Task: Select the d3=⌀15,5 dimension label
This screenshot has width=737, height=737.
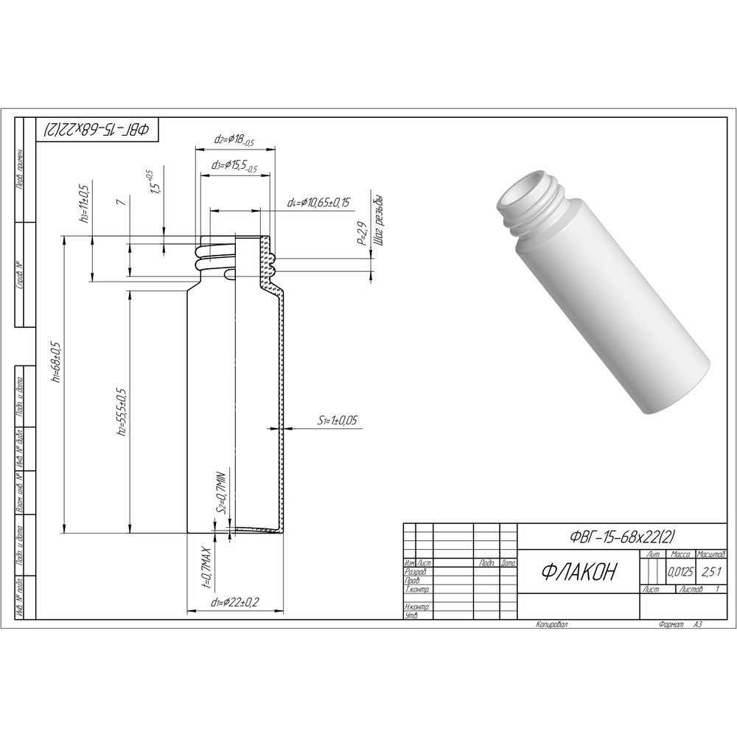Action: pyautogui.click(x=234, y=167)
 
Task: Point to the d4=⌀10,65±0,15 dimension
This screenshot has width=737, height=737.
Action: pyautogui.click(x=318, y=201)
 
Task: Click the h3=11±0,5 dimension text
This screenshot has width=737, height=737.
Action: pyautogui.click(x=85, y=203)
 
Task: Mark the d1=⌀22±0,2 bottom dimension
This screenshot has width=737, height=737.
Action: pyautogui.click(x=234, y=603)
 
